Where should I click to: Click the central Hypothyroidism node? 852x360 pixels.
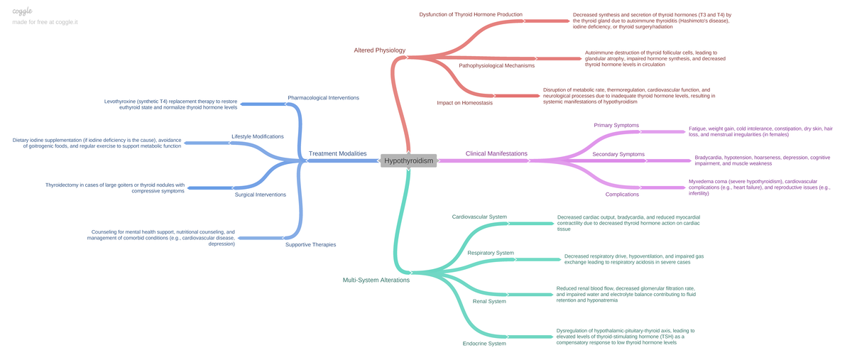[408, 161]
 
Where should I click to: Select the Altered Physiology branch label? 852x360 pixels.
[379, 50]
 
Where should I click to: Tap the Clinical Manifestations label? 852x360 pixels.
[496, 153]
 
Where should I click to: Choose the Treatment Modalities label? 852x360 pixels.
[337, 153]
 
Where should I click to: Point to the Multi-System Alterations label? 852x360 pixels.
[376, 280]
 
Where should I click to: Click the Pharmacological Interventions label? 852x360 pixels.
[323, 97]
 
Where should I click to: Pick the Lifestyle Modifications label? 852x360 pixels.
[258, 136]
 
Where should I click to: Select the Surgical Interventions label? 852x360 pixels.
[261, 195]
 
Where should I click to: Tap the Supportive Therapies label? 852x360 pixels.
[310, 244]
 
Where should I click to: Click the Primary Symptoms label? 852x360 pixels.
[616, 125]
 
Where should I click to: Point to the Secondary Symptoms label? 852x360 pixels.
[618, 154]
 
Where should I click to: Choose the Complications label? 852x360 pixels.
[622, 194]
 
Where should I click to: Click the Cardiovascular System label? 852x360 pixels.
[479, 217]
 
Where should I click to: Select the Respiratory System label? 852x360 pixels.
[491, 253]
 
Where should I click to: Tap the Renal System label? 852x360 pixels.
[489, 301]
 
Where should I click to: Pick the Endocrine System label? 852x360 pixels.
[484, 344]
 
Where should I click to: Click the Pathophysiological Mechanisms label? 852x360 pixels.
[497, 65]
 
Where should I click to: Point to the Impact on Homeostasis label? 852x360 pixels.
[464, 103]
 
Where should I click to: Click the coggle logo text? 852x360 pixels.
[23, 11]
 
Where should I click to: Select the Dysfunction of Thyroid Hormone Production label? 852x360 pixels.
[471, 14]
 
